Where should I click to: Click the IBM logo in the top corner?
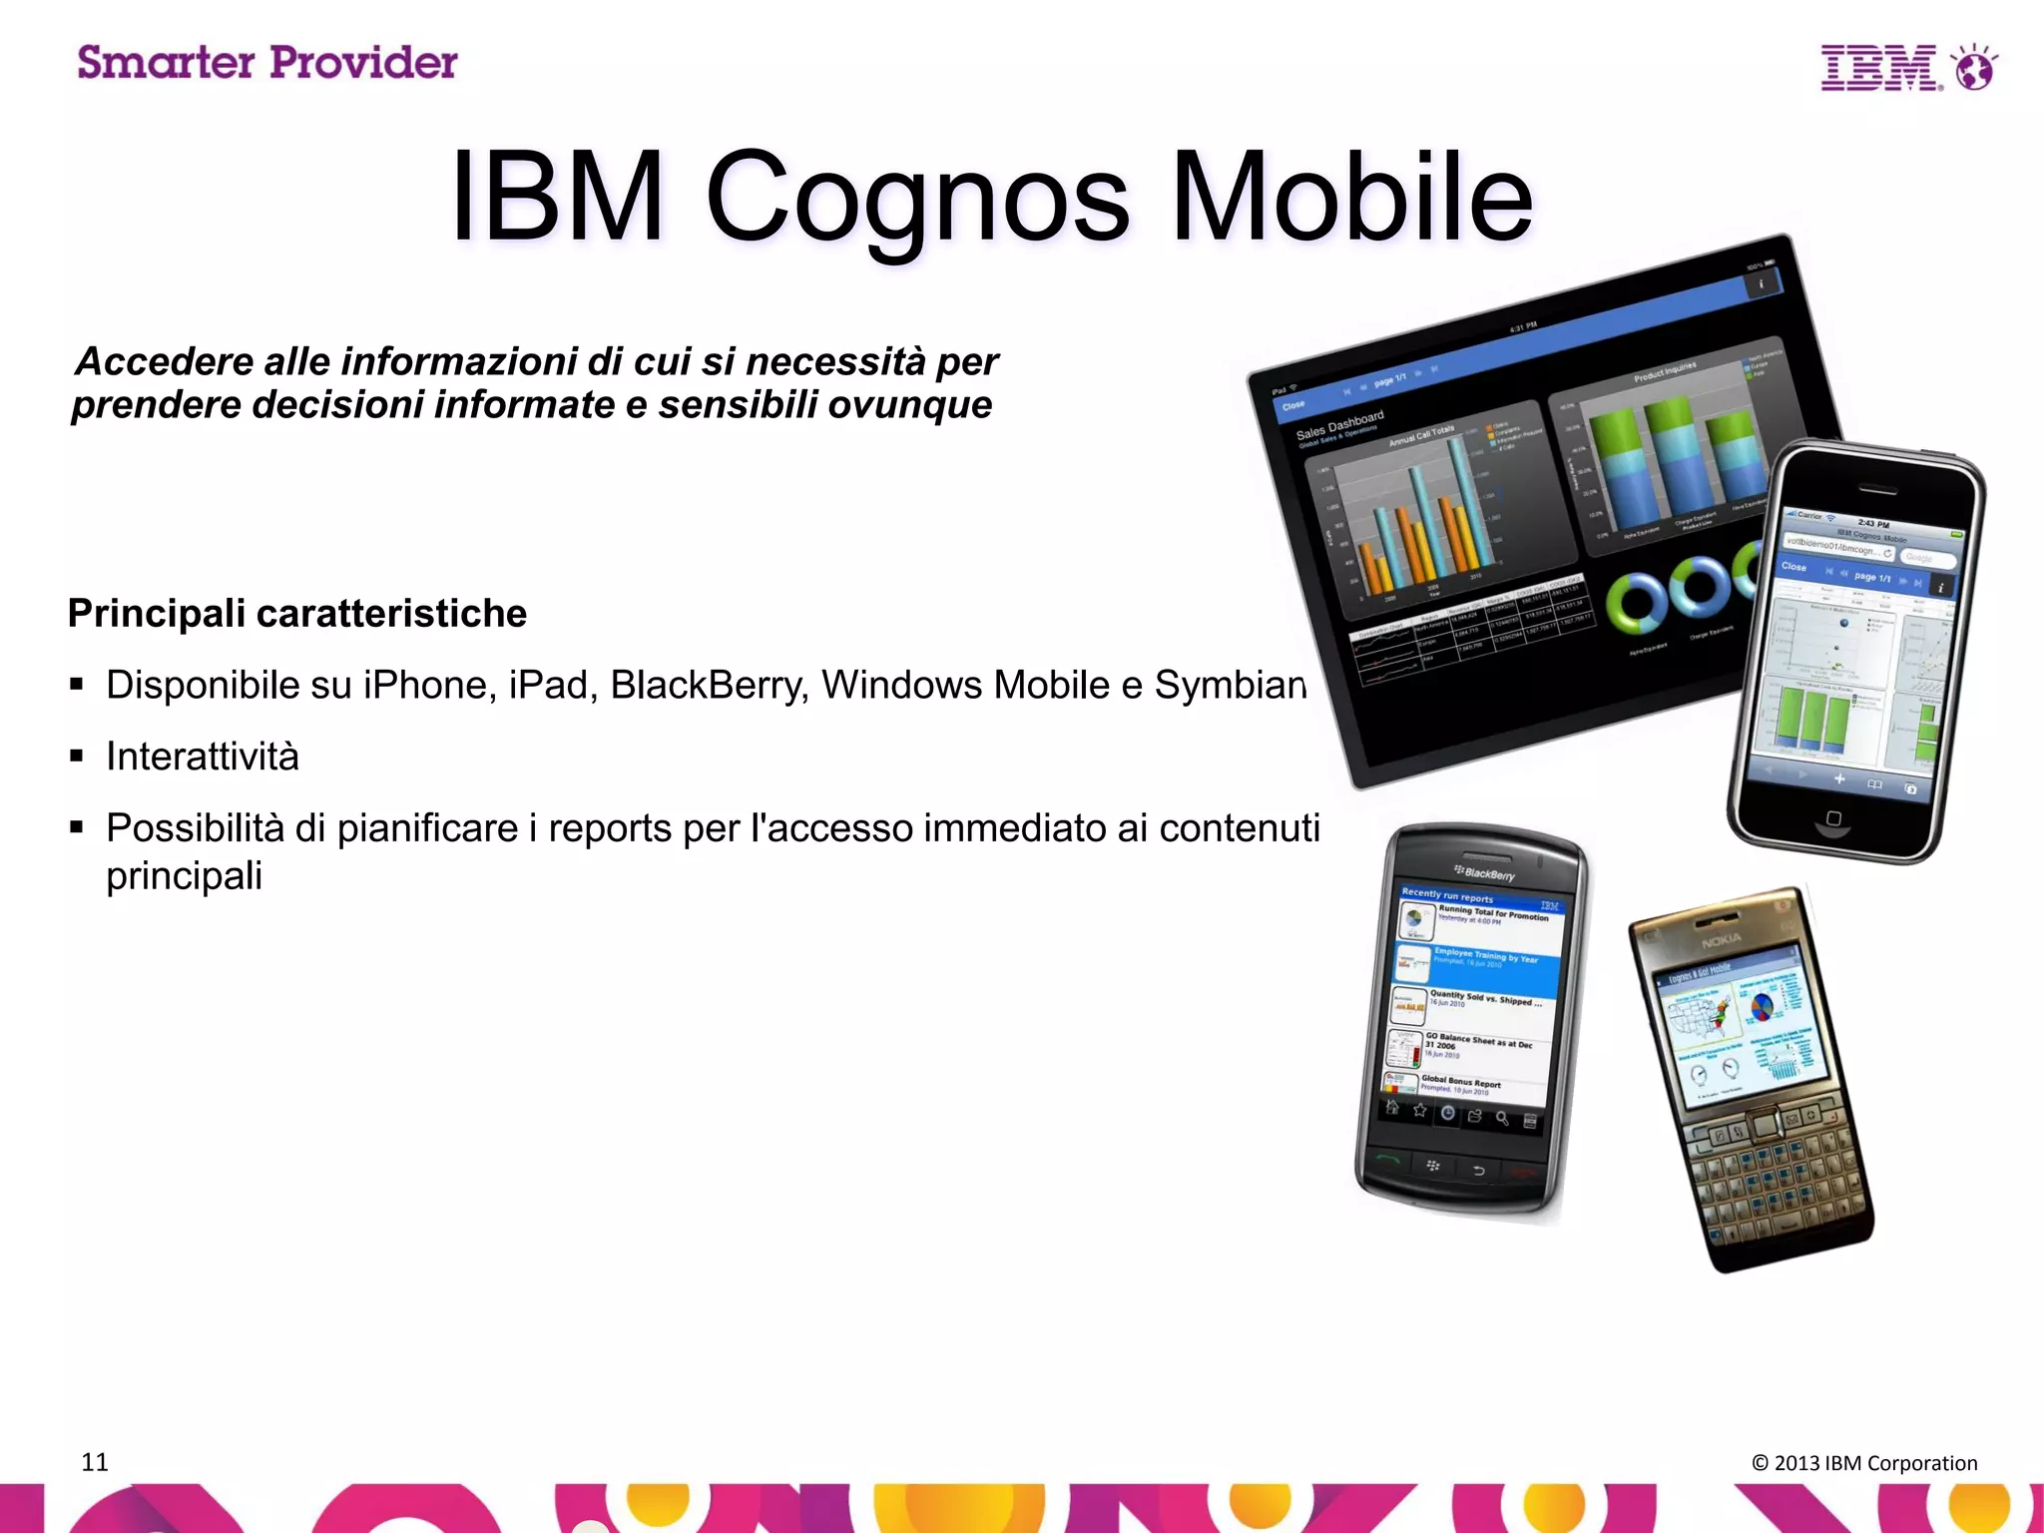coord(1880,68)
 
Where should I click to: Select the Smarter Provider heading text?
coord(267,63)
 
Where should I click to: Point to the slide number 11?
coord(95,1462)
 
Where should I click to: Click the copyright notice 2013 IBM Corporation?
coord(1864,1463)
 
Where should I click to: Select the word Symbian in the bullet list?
coord(1230,686)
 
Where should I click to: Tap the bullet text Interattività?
coord(203,757)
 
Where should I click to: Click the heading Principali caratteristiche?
coord(297,613)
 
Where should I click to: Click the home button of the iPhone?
coord(1832,819)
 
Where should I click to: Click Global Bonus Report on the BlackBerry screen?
coord(1460,1083)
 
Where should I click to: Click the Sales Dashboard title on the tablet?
coord(1339,424)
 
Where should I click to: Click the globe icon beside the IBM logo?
coord(1974,68)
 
